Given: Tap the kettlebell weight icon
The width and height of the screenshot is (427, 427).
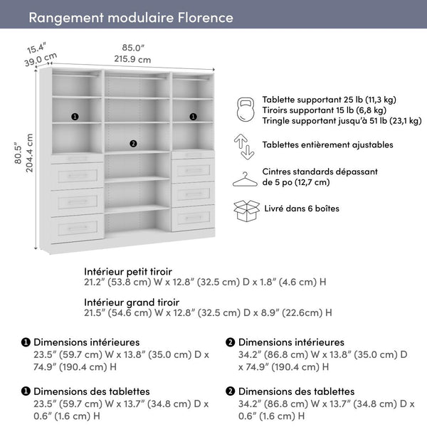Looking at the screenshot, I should (x=245, y=110).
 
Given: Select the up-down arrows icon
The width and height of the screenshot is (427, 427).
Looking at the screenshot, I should (x=245, y=144).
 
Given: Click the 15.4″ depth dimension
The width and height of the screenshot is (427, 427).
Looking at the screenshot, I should (x=36, y=48).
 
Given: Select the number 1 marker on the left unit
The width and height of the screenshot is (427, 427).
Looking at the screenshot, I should (x=75, y=116).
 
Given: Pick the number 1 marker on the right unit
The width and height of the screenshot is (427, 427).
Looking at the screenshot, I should (x=193, y=116).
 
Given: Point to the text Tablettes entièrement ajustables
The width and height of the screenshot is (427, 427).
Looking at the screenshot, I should (x=327, y=144).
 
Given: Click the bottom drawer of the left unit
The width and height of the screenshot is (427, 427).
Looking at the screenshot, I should (x=78, y=229).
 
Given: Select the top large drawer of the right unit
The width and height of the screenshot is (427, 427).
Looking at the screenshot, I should (x=193, y=172).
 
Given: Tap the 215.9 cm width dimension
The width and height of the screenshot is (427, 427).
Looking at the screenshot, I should (x=133, y=60).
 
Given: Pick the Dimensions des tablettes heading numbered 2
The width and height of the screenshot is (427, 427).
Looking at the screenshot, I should (x=296, y=391).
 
